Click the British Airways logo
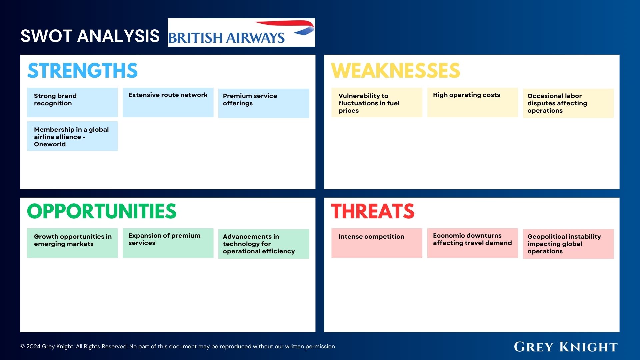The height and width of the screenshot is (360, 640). click(241, 33)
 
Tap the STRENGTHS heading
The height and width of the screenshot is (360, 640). click(82, 71)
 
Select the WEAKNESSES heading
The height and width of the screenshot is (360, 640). click(395, 71)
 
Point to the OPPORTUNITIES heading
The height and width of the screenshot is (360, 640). click(102, 211)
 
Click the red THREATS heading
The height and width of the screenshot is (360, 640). click(373, 211)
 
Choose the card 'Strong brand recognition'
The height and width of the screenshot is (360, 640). click(72, 102)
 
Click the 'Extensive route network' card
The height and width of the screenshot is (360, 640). click(168, 102)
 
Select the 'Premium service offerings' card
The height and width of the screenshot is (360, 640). click(263, 103)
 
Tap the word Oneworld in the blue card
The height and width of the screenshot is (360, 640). click(50, 144)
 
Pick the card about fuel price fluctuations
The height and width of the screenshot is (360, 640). click(377, 103)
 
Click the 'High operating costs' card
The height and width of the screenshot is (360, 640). click(472, 102)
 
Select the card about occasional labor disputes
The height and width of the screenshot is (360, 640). click(568, 103)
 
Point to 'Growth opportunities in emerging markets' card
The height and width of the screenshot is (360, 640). click(72, 243)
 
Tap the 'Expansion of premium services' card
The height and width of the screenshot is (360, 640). click(168, 243)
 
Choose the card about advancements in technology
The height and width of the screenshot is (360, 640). click(263, 244)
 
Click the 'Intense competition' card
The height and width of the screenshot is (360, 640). click(377, 243)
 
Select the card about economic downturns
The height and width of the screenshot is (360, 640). click(472, 243)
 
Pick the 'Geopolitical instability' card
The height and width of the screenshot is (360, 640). click(568, 244)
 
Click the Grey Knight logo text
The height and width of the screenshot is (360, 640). click(565, 347)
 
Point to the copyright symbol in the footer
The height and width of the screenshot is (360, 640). click(23, 347)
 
